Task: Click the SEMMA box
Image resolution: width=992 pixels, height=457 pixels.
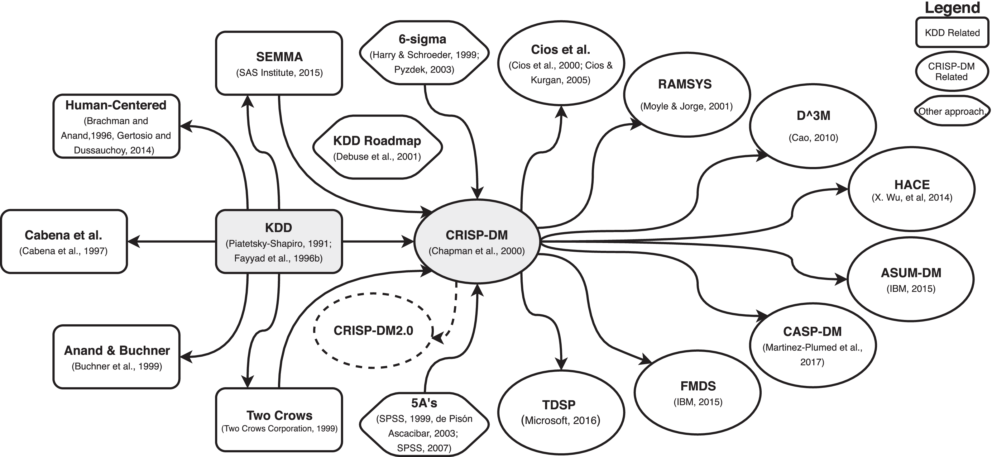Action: coord(279,63)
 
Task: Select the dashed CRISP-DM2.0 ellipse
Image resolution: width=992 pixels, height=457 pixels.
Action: coord(373,330)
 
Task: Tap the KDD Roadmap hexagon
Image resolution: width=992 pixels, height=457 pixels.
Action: coord(377,147)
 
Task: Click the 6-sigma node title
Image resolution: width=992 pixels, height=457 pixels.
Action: coord(422,39)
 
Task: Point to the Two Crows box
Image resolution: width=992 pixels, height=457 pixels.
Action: coord(279,420)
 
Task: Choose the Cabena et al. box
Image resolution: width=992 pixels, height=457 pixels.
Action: coord(64,241)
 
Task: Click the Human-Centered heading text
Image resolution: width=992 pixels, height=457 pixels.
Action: coord(116,105)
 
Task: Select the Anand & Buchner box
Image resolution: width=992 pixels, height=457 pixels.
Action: coord(116,357)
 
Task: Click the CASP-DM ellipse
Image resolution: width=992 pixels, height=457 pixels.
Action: coord(812,345)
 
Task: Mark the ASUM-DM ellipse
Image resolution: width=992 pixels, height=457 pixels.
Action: coord(911,279)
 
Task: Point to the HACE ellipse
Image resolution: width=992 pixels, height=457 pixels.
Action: coord(912,189)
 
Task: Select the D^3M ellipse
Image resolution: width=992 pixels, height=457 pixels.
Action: coord(813,126)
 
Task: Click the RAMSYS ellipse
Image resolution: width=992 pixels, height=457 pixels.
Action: coord(686,94)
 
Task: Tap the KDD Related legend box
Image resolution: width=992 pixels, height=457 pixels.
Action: coord(952,33)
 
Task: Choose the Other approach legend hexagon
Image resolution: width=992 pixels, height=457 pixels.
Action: coord(951,111)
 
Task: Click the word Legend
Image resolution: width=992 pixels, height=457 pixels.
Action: coord(952,8)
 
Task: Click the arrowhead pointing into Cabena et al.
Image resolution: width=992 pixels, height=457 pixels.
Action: coord(133,242)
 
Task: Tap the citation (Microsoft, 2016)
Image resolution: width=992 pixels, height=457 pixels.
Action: coord(560,421)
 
